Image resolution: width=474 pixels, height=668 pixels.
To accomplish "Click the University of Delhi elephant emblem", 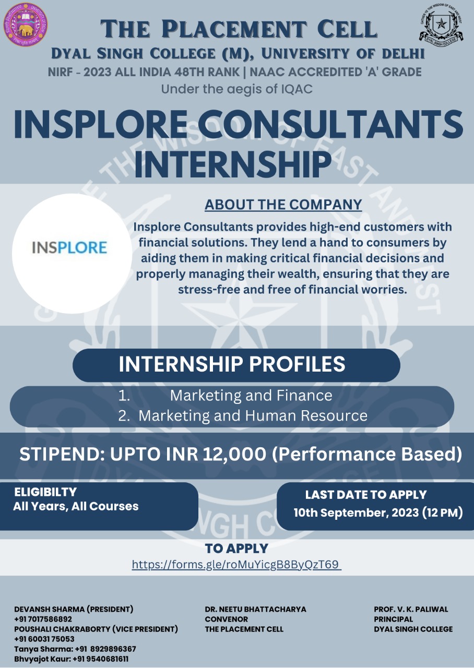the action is pyautogui.click(x=26, y=25).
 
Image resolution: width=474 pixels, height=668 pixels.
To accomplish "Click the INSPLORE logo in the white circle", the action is pyautogui.click(x=69, y=247).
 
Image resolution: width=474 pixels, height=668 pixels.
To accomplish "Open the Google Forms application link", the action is pyautogui.click(x=236, y=565).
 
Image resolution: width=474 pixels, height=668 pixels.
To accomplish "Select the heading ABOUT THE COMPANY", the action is pyautogui.click(x=283, y=205).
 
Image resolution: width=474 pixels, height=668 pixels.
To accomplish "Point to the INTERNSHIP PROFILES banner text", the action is pyautogui.click(x=232, y=364).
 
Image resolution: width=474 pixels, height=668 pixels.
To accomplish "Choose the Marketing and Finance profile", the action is pyautogui.click(x=251, y=396).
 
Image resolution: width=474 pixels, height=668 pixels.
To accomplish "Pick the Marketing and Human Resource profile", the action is pyautogui.click(x=253, y=416).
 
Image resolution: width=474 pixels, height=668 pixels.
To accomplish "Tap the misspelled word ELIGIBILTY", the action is pyautogui.click(x=45, y=492).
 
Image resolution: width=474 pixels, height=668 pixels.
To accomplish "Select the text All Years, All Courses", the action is pyautogui.click(x=76, y=506).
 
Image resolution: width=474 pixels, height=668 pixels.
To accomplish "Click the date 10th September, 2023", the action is pyautogui.click(x=356, y=512).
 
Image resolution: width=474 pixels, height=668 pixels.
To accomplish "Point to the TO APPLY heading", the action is pyautogui.click(x=236, y=548).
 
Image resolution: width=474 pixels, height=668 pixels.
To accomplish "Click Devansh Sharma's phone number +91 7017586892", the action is pyautogui.click(x=43, y=619).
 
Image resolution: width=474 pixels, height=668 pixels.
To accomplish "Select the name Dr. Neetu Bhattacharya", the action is pyautogui.click(x=255, y=609).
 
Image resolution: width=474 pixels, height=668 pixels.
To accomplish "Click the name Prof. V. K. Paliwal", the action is pyautogui.click(x=411, y=609).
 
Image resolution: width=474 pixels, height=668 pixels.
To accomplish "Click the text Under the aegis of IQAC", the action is pyautogui.click(x=237, y=89).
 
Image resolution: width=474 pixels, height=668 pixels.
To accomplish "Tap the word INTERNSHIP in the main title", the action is pyautogui.click(x=233, y=164).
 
